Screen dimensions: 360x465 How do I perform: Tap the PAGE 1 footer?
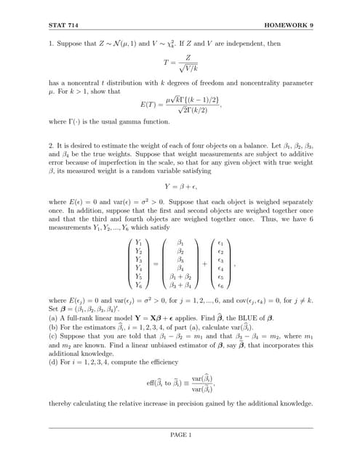(x=180, y=435)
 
